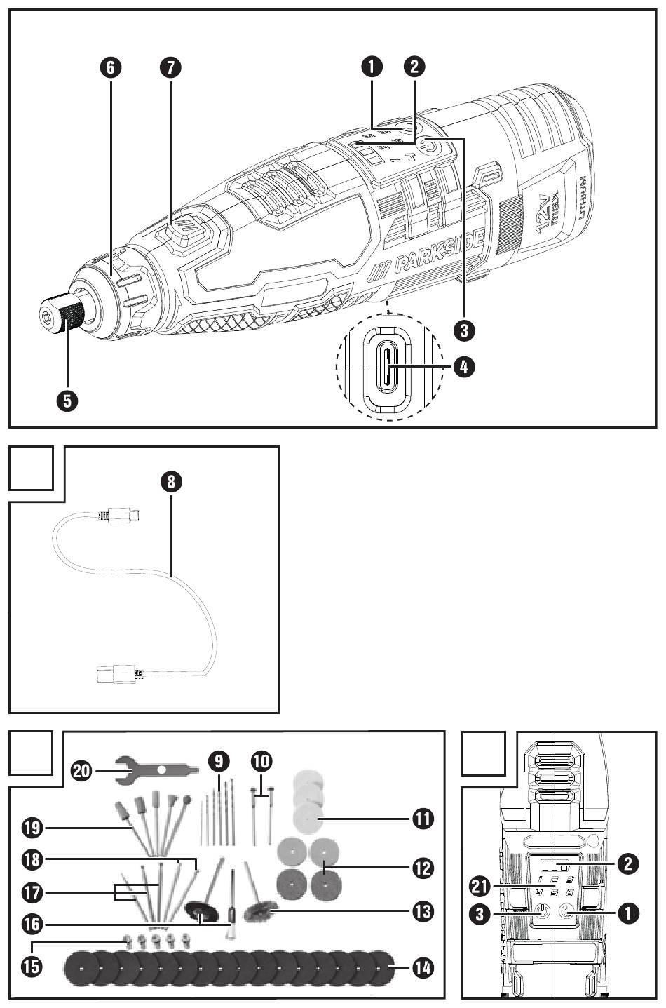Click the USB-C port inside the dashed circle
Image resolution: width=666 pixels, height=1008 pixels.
point(386,365)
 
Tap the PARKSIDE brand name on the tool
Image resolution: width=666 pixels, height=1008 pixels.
point(439,253)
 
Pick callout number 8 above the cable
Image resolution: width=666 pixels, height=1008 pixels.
point(171,481)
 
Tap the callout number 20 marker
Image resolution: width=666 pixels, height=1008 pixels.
point(83,770)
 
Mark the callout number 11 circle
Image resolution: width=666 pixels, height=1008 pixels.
point(423,818)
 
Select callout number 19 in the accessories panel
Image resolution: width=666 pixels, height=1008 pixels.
point(32,828)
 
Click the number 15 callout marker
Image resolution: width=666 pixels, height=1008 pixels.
point(32,965)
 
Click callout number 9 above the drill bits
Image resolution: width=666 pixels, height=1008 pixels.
point(219,760)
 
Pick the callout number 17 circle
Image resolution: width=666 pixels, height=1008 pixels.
point(32,893)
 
